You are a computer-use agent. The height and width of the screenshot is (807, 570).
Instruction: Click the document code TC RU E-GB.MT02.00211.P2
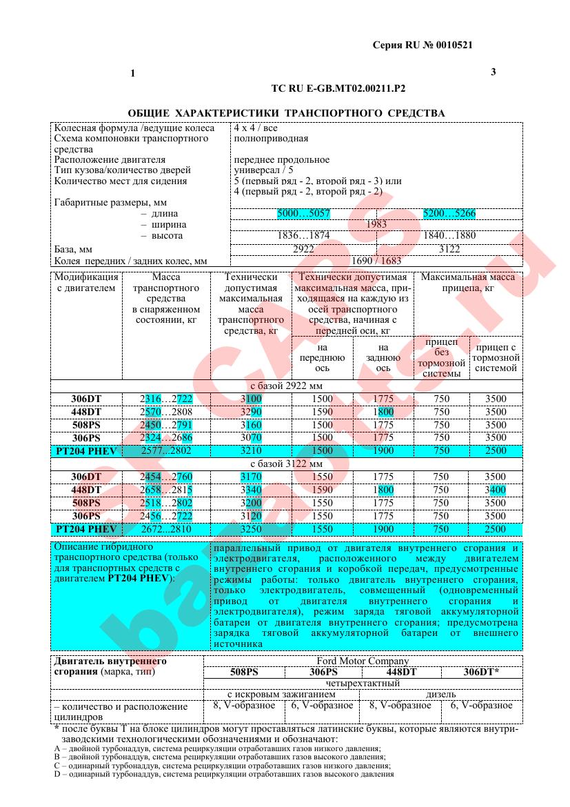(338, 89)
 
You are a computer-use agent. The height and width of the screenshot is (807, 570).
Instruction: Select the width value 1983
(376, 224)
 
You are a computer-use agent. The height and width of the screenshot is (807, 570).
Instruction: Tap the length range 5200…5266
(449, 214)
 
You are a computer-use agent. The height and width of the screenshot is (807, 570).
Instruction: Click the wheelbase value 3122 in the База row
(449, 248)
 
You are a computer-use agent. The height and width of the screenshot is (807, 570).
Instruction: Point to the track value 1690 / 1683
(376, 261)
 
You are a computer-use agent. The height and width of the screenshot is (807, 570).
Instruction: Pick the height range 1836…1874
(303, 235)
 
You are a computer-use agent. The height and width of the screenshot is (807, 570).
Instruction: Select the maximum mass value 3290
(250, 412)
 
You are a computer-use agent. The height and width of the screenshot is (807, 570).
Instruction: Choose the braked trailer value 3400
(494, 490)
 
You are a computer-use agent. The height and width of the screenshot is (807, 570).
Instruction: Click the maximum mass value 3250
(250, 529)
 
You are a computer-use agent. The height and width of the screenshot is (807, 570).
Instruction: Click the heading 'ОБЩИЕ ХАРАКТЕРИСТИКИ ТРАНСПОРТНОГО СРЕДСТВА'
(286, 112)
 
